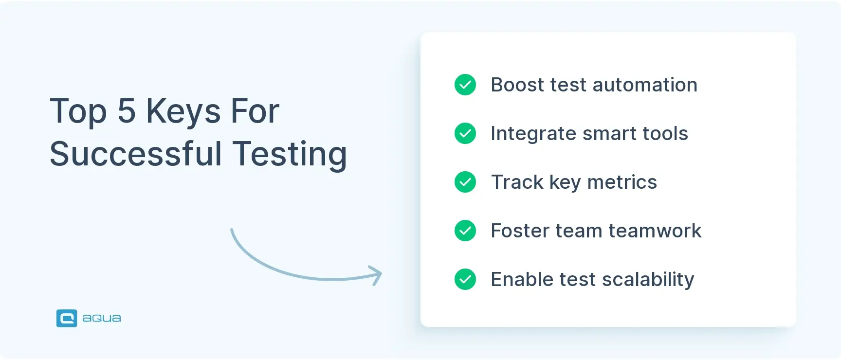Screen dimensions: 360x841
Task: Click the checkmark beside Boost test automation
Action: (465, 85)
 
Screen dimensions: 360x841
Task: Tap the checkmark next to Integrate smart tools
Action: (465, 133)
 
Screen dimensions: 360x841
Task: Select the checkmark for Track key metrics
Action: (465, 182)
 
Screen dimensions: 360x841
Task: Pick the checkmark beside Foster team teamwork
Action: (465, 231)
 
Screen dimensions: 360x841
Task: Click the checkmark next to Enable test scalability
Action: (465, 279)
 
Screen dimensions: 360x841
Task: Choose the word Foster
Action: (520, 231)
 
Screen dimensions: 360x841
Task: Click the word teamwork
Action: (655, 231)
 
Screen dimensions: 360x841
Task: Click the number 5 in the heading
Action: (127, 111)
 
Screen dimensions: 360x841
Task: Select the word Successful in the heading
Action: (136, 154)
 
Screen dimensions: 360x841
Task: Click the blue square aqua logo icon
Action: (67, 318)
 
